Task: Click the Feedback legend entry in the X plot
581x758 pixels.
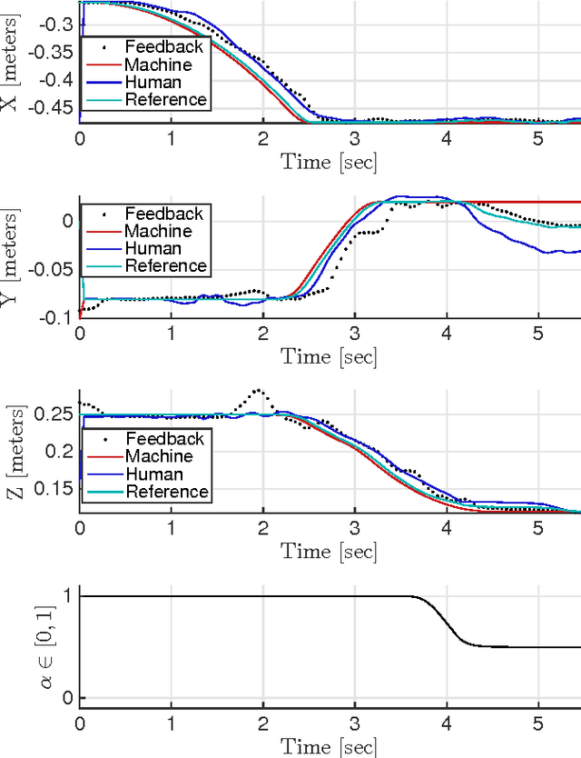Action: point(164,47)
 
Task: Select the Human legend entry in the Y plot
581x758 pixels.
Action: point(153,248)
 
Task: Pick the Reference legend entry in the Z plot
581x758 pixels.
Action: point(166,492)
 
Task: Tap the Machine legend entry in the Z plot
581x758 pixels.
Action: point(159,456)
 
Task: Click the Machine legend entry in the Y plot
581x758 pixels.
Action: point(159,231)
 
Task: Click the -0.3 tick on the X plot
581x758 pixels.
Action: point(55,24)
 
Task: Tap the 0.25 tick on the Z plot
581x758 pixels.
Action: point(55,414)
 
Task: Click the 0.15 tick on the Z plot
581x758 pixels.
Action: point(55,489)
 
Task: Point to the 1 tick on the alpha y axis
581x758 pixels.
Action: point(66,596)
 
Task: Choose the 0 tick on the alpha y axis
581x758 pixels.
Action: point(66,697)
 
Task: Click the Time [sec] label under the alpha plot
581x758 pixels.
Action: point(329,747)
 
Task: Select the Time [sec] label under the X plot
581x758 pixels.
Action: point(329,162)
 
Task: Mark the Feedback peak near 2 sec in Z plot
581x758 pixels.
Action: point(259,390)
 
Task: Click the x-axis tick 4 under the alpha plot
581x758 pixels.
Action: point(446,723)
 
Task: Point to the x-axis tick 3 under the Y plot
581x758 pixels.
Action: point(354,333)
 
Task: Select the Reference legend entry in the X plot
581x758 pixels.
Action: point(166,99)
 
